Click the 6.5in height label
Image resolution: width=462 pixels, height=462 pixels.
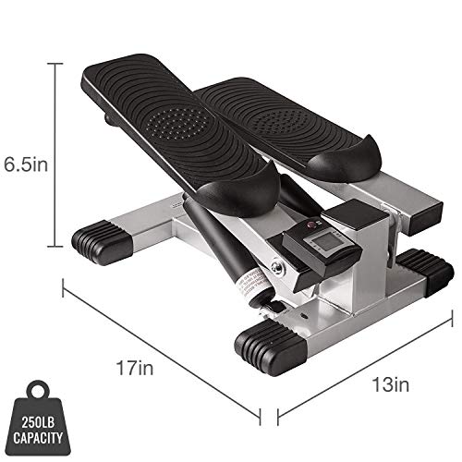(x=26, y=164)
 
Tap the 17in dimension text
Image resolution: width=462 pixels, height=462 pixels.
(x=135, y=368)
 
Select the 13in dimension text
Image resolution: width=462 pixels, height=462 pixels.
(x=391, y=384)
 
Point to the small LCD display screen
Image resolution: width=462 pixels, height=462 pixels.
(x=321, y=240)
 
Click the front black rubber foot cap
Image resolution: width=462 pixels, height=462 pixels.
(x=271, y=347)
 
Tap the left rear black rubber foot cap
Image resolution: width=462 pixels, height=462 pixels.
(x=103, y=242)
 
